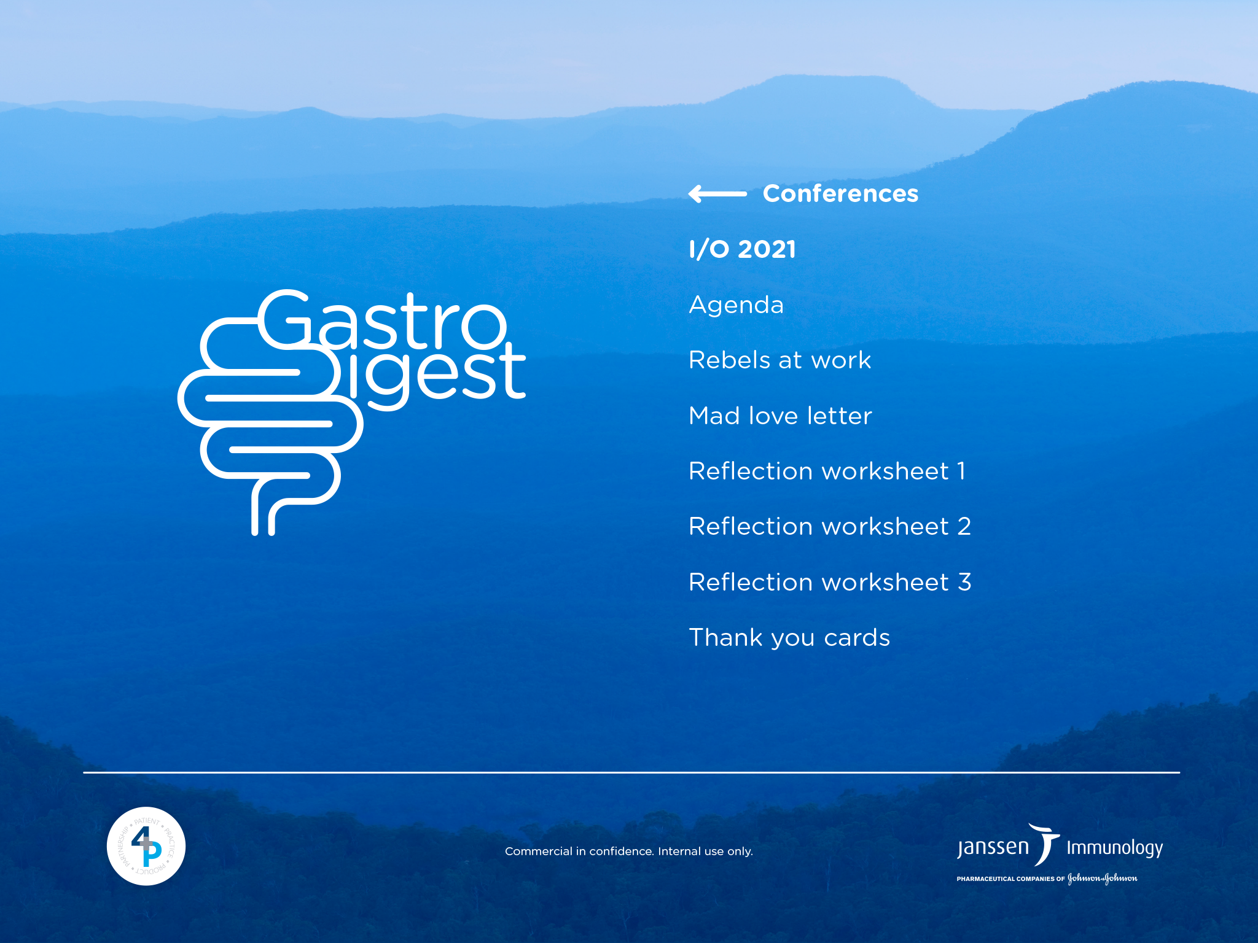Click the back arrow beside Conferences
(717, 194)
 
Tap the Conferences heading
(840, 193)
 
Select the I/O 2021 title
(742, 249)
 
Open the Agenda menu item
(736, 306)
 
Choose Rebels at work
(779, 360)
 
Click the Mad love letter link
(780, 416)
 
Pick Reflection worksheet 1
(827, 471)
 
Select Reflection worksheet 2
(830, 526)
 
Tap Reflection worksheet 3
(830, 582)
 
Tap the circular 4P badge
(146, 846)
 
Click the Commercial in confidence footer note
(629, 851)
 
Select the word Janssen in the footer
(993, 848)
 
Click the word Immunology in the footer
(1115, 848)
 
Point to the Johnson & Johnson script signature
(1103, 879)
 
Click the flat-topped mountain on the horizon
(823, 92)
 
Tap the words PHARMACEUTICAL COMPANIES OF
(1010, 879)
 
